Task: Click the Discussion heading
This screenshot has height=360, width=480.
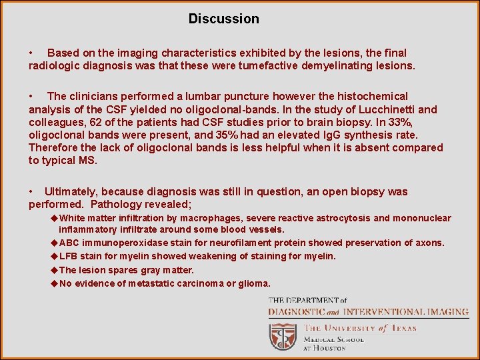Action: coord(223,19)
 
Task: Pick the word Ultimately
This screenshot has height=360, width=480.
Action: coord(71,191)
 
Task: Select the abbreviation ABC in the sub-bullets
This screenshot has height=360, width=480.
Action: coord(71,243)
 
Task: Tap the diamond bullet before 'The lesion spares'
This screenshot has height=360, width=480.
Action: coord(54,270)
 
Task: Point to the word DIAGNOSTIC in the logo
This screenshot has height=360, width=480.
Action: coord(297,311)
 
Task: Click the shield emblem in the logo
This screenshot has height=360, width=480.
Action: coord(283,335)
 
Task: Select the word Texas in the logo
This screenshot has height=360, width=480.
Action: coord(403,327)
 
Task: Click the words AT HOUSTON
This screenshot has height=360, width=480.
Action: coord(325,348)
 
